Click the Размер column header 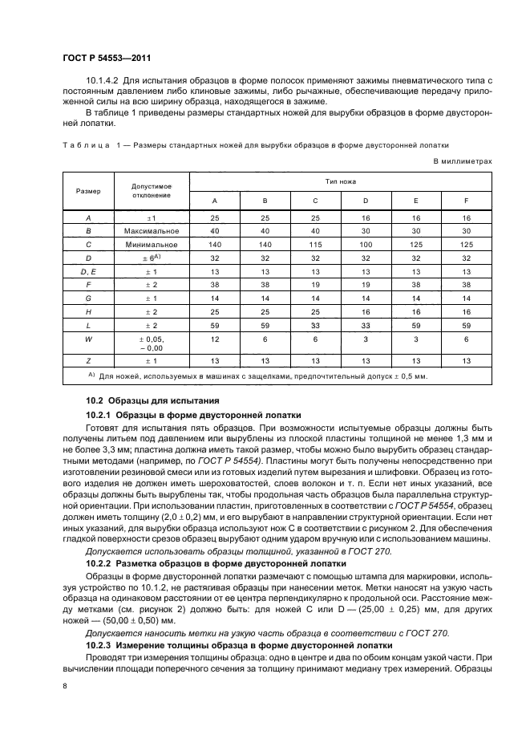88,191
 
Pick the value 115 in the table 316,245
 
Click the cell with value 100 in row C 366,245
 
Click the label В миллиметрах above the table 463,160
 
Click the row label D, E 88,272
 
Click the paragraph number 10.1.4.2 102,82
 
